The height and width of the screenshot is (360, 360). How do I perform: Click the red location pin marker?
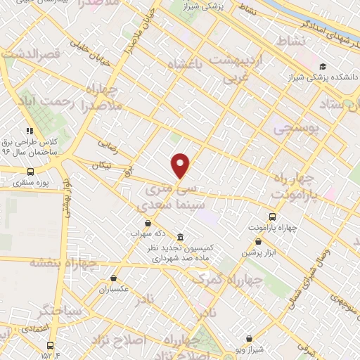coord(181,165)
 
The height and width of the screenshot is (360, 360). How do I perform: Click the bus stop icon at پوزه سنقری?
coord(30,172)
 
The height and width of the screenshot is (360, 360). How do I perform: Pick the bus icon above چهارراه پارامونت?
coord(273,217)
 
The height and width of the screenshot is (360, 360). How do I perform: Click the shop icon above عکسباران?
coord(113,278)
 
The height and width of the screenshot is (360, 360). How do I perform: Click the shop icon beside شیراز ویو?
coord(249,338)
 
